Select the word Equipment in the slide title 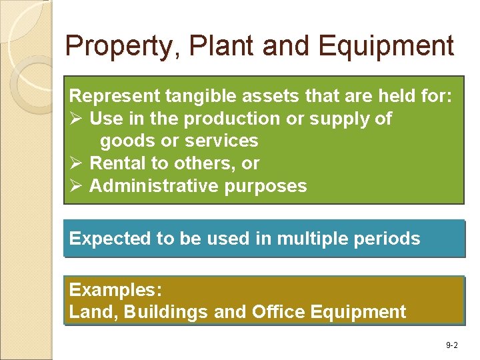(x=386, y=47)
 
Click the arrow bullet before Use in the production (x=75, y=119)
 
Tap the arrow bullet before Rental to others (x=75, y=163)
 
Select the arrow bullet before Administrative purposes (x=75, y=186)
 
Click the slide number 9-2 (x=451, y=345)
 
